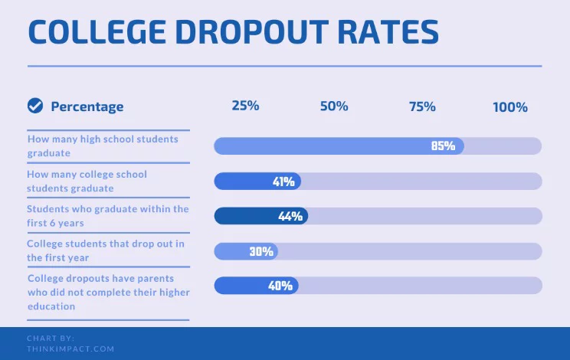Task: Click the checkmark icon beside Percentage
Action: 35,106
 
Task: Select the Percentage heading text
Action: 87,106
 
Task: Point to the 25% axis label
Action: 245,106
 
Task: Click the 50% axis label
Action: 334,106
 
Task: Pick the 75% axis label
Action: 422,106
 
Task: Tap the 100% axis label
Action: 510,107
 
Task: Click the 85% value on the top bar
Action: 443,146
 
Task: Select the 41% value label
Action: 283,182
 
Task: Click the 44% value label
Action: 290,217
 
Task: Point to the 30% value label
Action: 261,251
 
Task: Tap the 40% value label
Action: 280,286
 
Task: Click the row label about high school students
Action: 103,146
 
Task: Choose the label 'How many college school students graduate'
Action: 87,181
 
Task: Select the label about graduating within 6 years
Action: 107,215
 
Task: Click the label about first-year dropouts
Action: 106,250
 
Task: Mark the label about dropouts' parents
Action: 108,292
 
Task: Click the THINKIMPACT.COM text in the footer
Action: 70,349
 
